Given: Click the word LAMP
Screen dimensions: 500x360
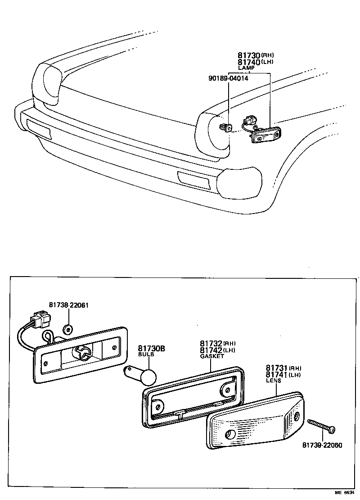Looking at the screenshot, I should pos(246,68).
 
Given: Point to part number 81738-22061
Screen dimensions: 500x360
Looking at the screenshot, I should pos(68,305).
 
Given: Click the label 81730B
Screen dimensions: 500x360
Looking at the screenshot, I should pos(151,349).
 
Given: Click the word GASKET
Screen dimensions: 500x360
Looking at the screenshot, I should pos(211,356).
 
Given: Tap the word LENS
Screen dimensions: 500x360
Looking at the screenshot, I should pos(273,381).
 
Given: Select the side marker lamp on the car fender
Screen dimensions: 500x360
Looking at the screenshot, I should pos(266,135).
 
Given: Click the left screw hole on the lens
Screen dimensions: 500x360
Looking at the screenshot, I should pos(230,435).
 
